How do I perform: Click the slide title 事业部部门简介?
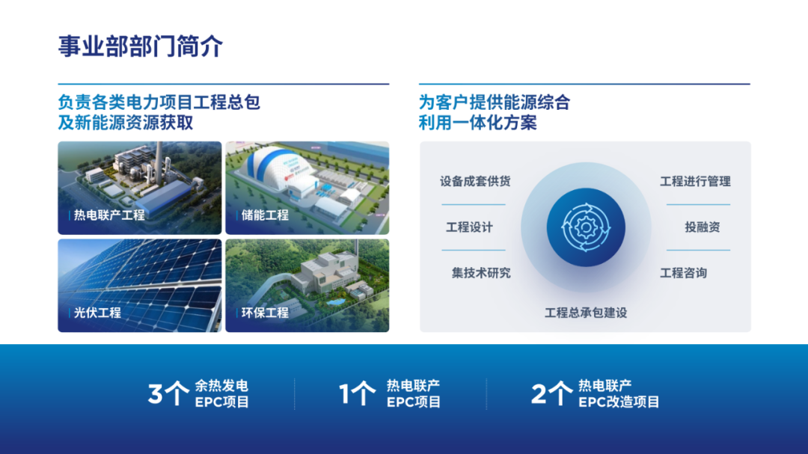(140, 46)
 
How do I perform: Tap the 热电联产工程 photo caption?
(109, 215)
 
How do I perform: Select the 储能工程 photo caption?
(265, 215)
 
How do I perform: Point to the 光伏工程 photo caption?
(97, 313)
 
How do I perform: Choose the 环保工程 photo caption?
(265, 313)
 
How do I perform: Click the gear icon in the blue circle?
(586, 227)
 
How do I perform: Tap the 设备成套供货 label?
(475, 182)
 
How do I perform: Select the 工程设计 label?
(469, 227)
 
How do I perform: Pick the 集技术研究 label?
(481, 273)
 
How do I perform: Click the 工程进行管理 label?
(695, 182)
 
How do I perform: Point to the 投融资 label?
(703, 227)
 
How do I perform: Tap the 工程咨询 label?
(683, 273)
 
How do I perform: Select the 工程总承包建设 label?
(586, 313)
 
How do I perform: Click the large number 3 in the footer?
(155, 394)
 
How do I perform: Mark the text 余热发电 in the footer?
(221, 385)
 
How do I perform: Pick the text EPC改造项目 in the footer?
(619, 402)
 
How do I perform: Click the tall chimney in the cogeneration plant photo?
(160, 162)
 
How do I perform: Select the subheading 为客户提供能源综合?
(495, 102)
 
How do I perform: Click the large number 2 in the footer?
(539, 394)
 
